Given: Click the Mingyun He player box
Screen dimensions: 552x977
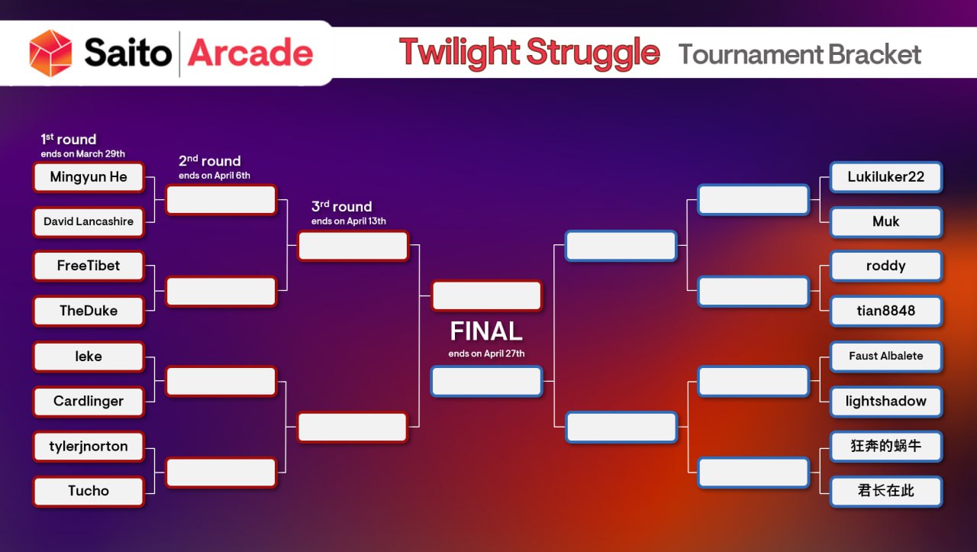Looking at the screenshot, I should (x=89, y=177).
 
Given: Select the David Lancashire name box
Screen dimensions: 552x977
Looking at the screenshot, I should (x=89, y=222).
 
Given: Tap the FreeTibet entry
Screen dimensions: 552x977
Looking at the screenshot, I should (x=89, y=266).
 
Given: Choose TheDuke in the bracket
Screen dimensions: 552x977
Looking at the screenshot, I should (x=89, y=312).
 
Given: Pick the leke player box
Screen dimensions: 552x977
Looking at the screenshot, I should (x=89, y=357).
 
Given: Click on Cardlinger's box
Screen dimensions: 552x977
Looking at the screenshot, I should (x=89, y=402).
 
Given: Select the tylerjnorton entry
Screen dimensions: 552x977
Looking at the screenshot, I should (x=89, y=447).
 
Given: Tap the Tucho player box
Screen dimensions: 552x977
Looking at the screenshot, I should (x=89, y=491).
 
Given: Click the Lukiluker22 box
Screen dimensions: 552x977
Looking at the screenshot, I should (x=885, y=177).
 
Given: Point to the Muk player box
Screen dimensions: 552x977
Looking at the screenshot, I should (x=885, y=222).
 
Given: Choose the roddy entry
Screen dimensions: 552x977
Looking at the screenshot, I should (x=885, y=266).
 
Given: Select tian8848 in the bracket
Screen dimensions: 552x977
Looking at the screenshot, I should (x=885, y=312).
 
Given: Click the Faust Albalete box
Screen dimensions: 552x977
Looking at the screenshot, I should (x=885, y=357).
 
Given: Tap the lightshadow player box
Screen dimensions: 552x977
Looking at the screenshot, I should (x=885, y=402).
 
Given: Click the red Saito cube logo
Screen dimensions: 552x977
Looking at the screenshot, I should (x=50, y=53).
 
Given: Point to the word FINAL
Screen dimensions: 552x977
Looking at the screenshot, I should (x=486, y=331).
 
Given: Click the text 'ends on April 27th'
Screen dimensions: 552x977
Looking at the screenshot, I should (x=486, y=353).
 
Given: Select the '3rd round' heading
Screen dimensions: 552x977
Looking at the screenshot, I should (x=342, y=207).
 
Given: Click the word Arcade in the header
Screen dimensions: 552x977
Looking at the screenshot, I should (x=250, y=53).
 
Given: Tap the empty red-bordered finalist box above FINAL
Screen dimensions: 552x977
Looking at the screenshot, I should (x=486, y=296).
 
